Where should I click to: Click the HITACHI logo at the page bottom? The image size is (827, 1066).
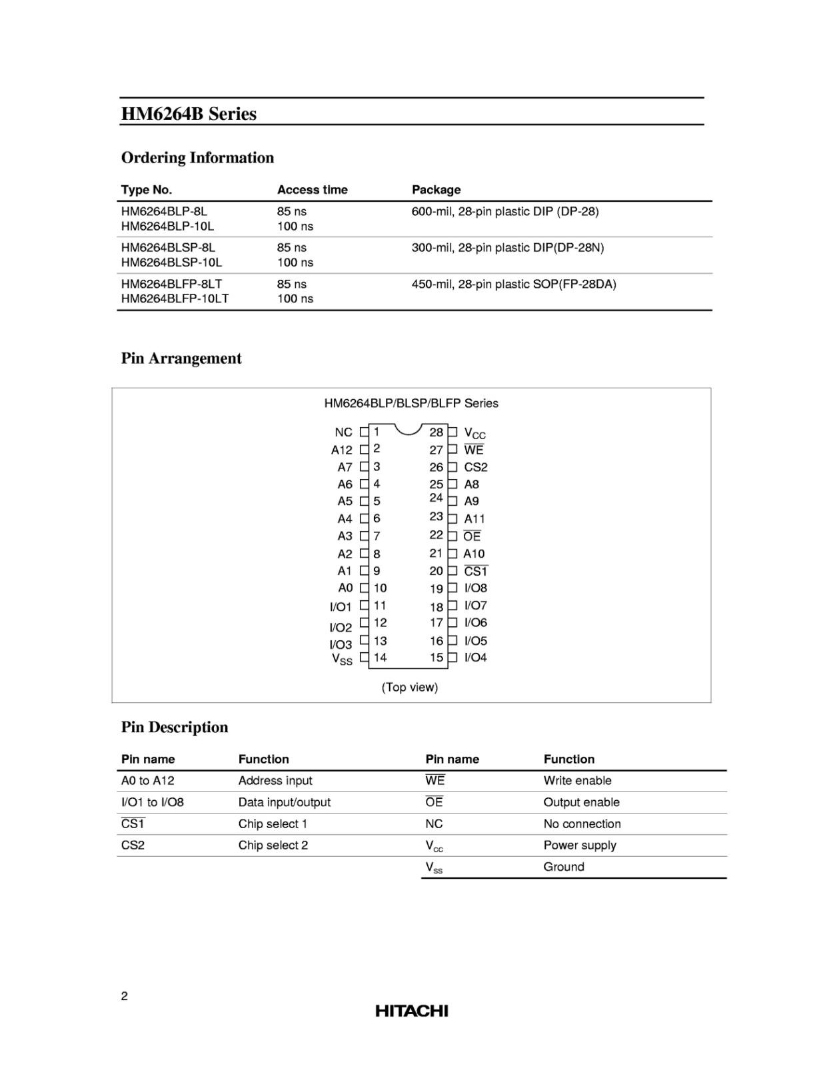coord(411,1011)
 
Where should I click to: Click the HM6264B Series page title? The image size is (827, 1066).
coord(189,114)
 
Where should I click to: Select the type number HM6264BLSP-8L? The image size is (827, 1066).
coord(168,247)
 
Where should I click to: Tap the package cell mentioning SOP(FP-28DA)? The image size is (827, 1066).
coord(514,284)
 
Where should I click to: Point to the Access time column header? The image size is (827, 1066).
coord(312,190)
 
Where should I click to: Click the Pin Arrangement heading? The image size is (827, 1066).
coord(181,358)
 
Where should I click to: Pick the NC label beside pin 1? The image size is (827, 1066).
coord(343,432)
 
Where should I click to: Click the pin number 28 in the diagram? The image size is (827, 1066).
coord(436,432)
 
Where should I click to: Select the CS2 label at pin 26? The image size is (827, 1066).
coord(476,467)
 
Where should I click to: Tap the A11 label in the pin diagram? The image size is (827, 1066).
coord(474,518)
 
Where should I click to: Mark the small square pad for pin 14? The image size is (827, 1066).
coord(364,658)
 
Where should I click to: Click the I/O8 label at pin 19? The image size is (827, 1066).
coord(476,588)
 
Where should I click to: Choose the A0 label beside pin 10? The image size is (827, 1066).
coord(345,588)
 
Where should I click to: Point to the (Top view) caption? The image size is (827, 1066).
coord(410,687)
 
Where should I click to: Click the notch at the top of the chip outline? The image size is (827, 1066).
coord(409,428)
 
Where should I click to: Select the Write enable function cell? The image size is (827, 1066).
coord(577,781)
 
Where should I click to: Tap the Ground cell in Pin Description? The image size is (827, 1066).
coord(564,867)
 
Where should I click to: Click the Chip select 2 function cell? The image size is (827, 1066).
coord(273,845)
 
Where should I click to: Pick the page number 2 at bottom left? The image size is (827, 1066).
coord(125,996)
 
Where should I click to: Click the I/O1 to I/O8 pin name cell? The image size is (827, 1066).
coord(153,802)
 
